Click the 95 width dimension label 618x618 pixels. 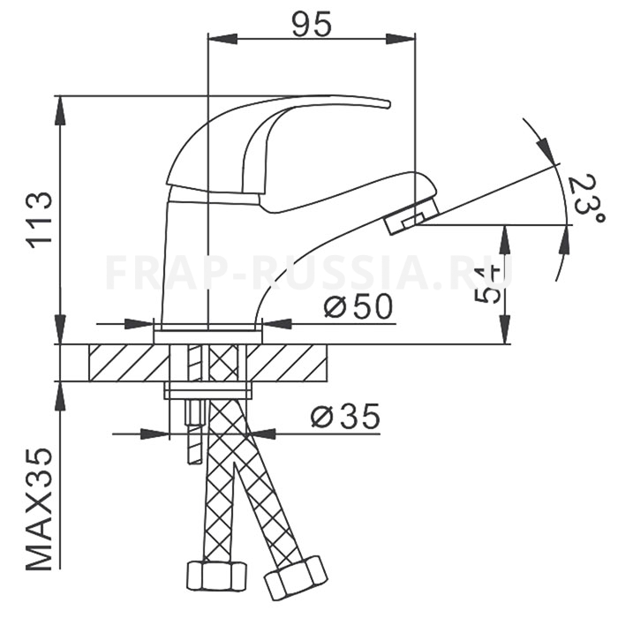[312, 26]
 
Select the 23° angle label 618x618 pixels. [585, 200]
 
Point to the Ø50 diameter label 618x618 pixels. [358, 306]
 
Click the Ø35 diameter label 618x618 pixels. [346, 416]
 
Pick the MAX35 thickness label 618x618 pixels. [40, 509]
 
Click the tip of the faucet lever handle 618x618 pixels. [389, 104]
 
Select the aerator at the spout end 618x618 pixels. [411, 216]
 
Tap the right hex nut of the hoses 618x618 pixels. [297, 577]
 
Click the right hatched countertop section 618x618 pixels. [287, 363]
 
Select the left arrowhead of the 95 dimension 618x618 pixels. [222, 39]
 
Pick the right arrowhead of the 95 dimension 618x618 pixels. [400, 39]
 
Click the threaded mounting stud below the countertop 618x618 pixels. [194, 432]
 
